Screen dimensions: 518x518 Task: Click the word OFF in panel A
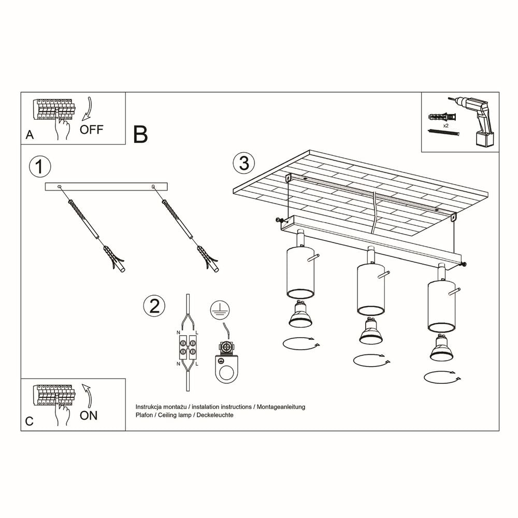(92, 129)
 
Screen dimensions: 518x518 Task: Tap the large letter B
(140, 134)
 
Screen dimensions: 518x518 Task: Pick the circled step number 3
(244, 163)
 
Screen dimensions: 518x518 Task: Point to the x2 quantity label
(445, 126)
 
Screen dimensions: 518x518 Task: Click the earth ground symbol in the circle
(220, 310)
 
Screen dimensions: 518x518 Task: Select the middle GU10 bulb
(370, 332)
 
